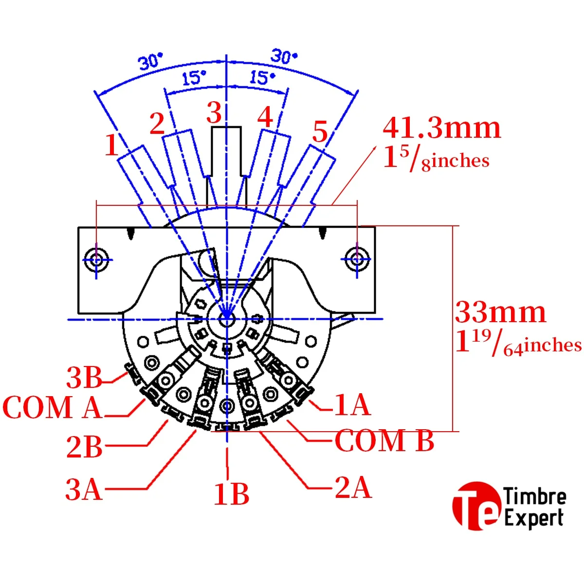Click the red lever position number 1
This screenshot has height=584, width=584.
[112, 145]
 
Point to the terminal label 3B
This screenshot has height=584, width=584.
[84, 378]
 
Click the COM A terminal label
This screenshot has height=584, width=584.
[53, 407]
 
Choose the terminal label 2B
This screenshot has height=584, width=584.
[84, 447]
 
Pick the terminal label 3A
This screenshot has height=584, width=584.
[84, 489]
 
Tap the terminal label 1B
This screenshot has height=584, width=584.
[232, 494]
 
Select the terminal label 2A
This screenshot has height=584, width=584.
[353, 487]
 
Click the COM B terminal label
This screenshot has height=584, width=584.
[384, 441]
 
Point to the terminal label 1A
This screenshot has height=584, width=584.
[352, 405]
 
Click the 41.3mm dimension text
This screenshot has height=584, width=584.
[441, 128]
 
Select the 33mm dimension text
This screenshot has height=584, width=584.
[500, 312]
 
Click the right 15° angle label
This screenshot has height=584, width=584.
[262, 77]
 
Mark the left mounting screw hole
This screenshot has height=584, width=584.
[96, 259]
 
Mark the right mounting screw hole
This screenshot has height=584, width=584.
[357, 259]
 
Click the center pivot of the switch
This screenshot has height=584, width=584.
[227, 319]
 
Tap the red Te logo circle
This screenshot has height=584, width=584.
[476, 505]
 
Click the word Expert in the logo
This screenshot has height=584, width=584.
[534, 518]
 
